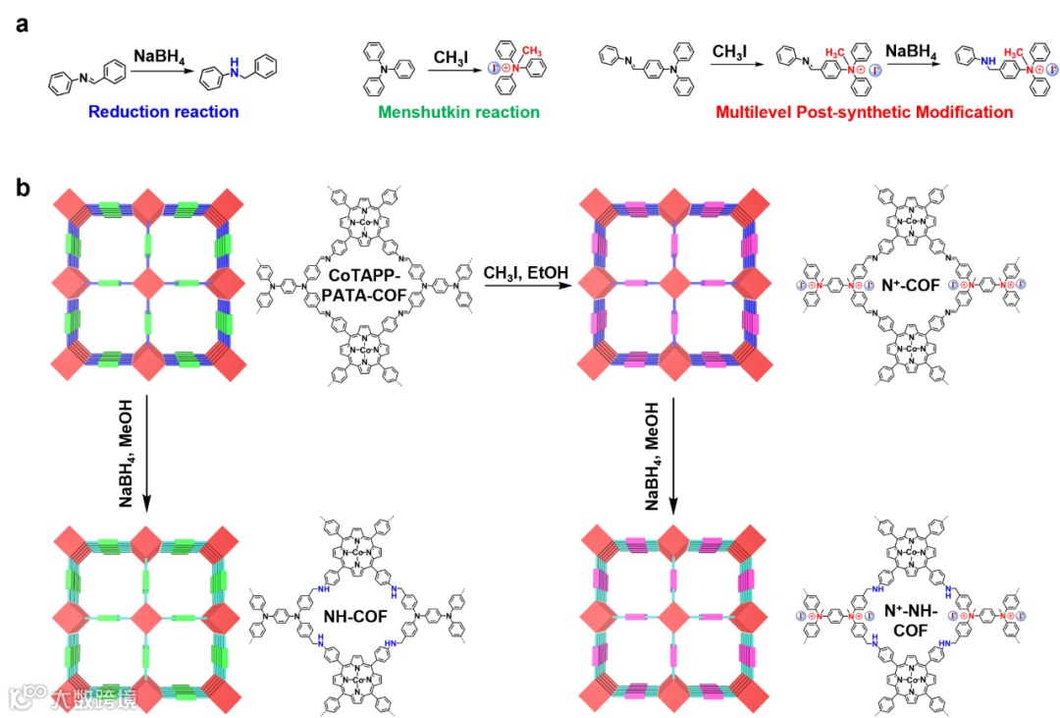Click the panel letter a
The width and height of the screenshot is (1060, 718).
[21, 21]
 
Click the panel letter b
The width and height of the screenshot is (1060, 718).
[22, 185]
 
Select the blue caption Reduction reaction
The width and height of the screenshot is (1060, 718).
[164, 112]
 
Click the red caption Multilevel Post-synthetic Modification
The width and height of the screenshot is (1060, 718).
[864, 113]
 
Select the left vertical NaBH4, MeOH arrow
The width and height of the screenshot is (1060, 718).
[146, 451]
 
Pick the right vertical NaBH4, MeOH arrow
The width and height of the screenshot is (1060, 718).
[673, 451]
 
